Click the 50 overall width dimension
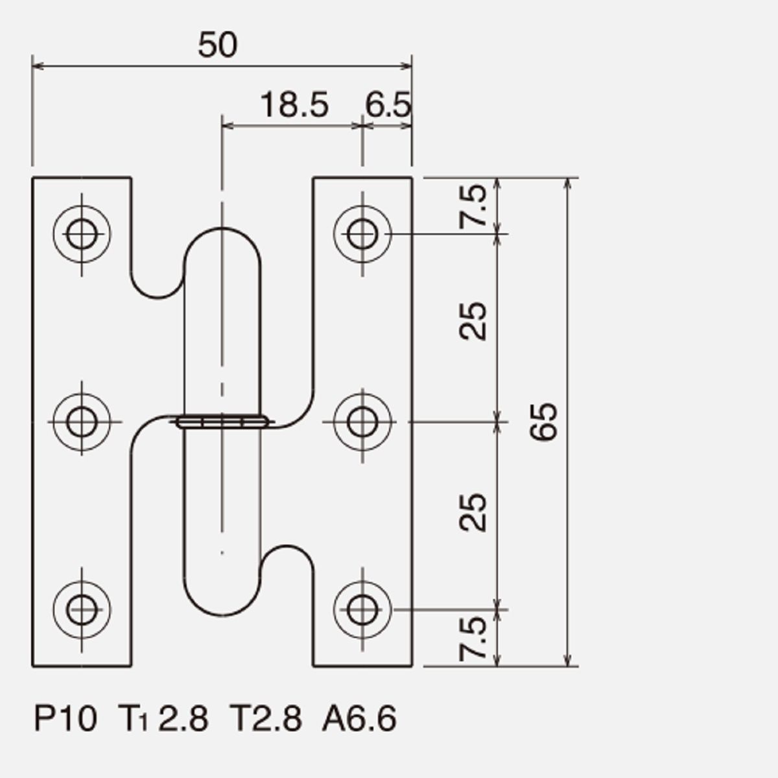218,45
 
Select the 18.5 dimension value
295,105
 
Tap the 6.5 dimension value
388,105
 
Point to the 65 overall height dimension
543,421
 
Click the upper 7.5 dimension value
473,206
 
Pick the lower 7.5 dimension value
473,639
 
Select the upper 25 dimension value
473,321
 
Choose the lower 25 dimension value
473,513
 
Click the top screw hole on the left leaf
82,234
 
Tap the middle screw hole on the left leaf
82,422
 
